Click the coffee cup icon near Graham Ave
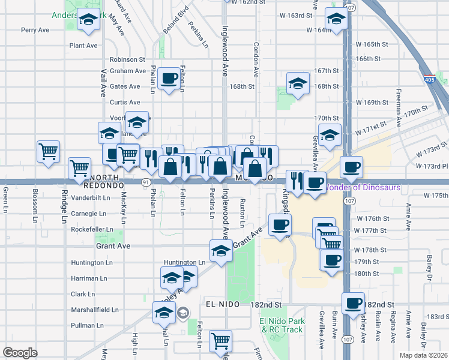[x=170, y=77]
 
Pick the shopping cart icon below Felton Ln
[x=221, y=340]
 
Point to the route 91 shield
[x=146, y=181]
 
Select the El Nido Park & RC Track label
[x=282, y=325]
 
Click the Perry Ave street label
[x=34, y=29]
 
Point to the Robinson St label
[x=128, y=59]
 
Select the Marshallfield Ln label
[x=95, y=310]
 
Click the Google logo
[x=20, y=353]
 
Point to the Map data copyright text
[x=422, y=355]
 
